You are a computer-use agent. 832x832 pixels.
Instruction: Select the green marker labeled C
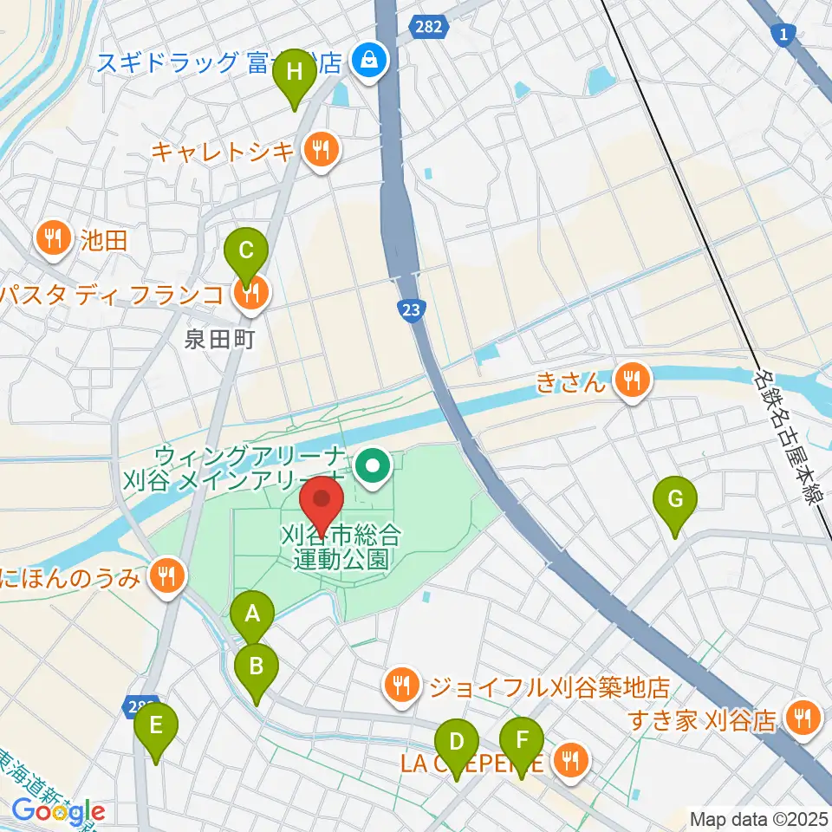pyautogui.click(x=246, y=251)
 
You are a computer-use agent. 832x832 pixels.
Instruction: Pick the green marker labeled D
pyautogui.click(x=457, y=742)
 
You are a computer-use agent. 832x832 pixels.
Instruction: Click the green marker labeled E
pyautogui.click(x=156, y=725)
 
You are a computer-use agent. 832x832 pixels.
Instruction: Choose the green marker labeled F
pyautogui.click(x=522, y=742)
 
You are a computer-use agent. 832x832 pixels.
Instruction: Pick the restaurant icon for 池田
pyautogui.click(x=55, y=240)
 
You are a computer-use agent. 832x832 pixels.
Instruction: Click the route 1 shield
pyautogui.click(x=782, y=33)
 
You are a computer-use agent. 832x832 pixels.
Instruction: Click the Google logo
pyautogui.click(x=58, y=812)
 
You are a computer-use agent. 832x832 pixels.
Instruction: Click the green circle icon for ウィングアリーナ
pyautogui.click(x=374, y=468)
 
